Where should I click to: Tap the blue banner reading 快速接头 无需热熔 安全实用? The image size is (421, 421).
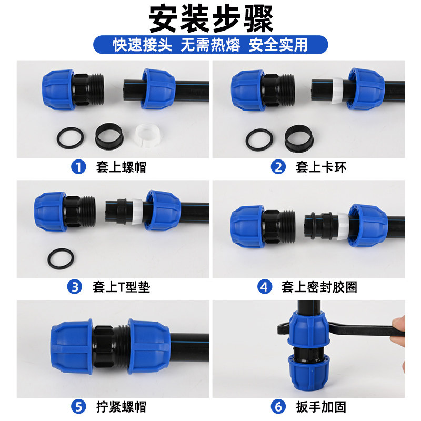coord(210,45)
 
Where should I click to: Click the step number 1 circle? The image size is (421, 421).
coord(78,167)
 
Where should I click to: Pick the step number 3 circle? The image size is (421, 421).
coord(76,287)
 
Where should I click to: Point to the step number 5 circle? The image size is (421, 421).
coord(78,406)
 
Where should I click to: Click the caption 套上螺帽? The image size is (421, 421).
coord(121,167)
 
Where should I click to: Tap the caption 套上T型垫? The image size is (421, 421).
coord(120,287)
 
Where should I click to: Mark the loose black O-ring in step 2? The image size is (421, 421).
coord(259,138)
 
